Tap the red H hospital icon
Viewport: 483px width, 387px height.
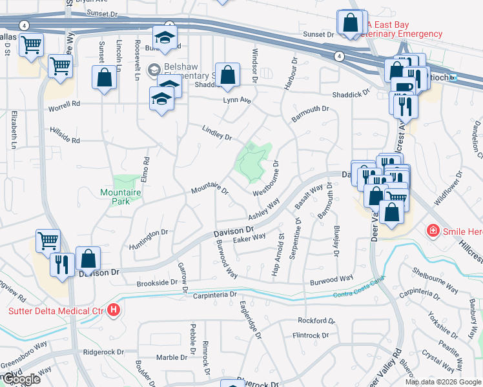[x=114, y=311]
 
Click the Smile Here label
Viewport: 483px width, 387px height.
[x=462, y=230]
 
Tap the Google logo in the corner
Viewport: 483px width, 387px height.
[x=21, y=380]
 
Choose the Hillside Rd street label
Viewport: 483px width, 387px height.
[x=63, y=139]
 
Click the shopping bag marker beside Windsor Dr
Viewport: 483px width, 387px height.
[x=227, y=75]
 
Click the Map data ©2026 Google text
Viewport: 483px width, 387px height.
[x=443, y=382]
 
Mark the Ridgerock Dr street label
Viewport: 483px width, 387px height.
[x=104, y=352]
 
